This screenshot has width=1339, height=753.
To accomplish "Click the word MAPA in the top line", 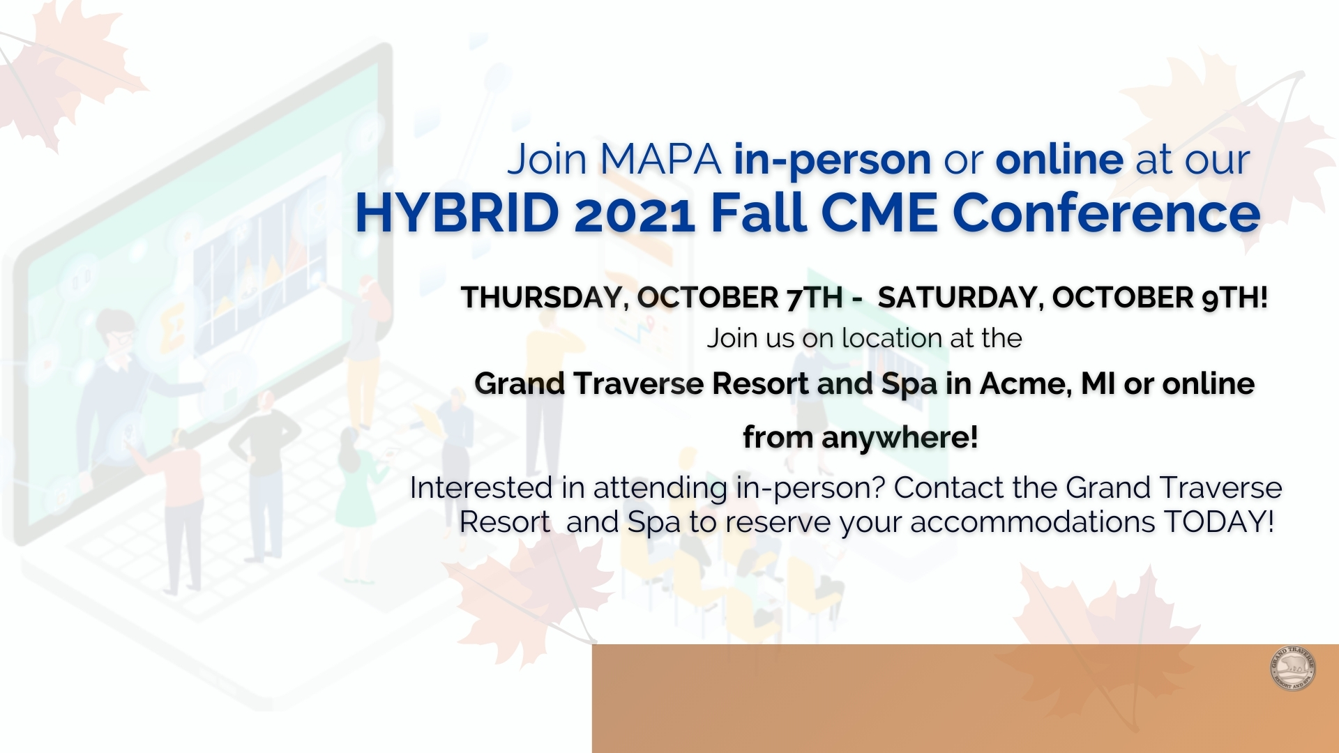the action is (660, 160).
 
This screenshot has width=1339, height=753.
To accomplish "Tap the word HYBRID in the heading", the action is (457, 213).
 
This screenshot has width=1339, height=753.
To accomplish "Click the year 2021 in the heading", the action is (635, 214).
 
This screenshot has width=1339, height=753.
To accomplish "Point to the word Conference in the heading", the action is (1107, 213).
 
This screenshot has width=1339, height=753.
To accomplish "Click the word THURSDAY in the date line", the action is (541, 298).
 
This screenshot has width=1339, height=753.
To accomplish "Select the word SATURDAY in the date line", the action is (960, 298).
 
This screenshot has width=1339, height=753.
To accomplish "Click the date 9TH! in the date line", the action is (1234, 298).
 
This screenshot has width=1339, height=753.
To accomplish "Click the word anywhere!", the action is (900, 439).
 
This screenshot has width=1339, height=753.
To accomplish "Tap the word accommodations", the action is (1033, 522).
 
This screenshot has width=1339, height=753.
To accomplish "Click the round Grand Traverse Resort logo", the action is (1293, 668).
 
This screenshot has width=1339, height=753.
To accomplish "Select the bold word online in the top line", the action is (1059, 160).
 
